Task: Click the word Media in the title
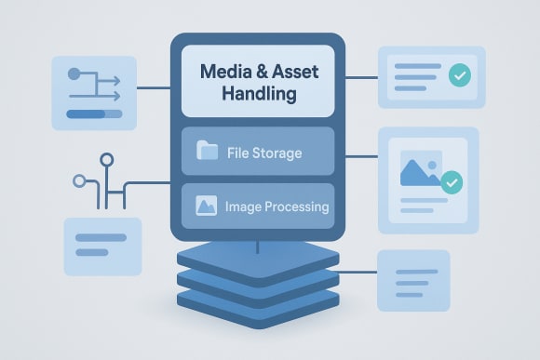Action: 227,72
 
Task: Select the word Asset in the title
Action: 298,72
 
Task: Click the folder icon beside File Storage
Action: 207,152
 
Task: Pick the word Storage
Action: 277,153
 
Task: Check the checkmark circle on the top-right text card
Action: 459,75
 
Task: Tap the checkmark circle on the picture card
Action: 452,182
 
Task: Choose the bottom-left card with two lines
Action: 101,245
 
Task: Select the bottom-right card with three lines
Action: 412,280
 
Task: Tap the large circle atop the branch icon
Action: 107,160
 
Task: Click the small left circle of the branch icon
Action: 79,180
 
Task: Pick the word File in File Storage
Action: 239,153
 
